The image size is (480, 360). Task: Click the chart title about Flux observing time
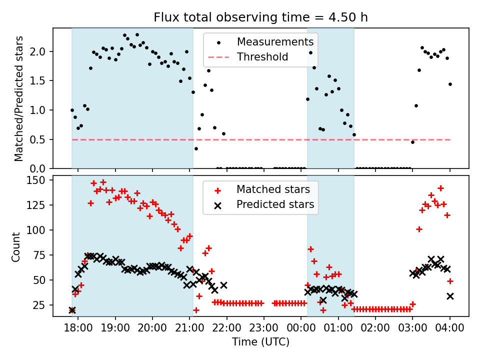(260, 18)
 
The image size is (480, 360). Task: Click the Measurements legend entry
(275, 41)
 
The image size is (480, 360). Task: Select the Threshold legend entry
(262, 57)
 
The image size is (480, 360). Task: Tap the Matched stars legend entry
(273, 189)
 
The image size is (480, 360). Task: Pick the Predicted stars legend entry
(275, 204)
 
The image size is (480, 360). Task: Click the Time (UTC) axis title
(260, 342)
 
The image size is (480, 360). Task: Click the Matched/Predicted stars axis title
(19, 98)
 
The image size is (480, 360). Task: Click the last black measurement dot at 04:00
(450, 84)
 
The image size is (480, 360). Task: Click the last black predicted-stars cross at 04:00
(450, 296)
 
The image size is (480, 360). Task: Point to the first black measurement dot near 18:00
(72, 110)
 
